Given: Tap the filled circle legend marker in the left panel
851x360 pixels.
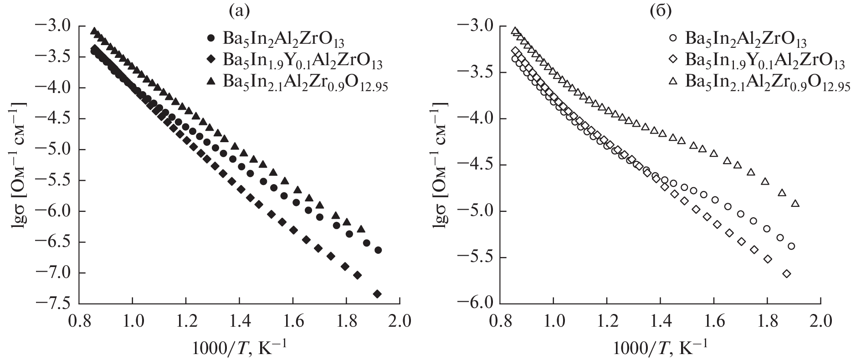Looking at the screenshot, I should pos(210,38).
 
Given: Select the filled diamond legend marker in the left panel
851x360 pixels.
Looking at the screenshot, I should pos(210,60).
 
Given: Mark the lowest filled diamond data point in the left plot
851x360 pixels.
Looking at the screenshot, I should pos(377,294).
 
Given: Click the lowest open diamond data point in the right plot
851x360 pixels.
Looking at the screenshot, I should pos(787,273).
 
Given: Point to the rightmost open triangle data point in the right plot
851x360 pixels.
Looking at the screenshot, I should pos(795,203).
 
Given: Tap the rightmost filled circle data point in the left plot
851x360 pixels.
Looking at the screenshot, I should pos(378,250).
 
